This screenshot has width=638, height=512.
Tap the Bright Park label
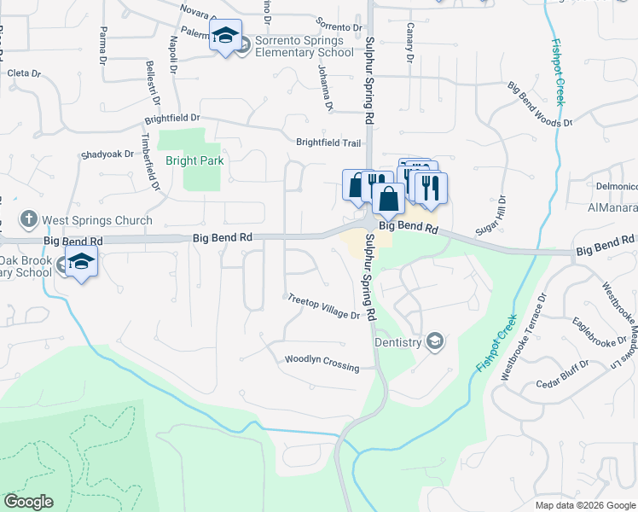(x=194, y=160)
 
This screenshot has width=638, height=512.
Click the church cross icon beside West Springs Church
(x=28, y=219)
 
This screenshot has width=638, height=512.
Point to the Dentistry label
(x=398, y=342)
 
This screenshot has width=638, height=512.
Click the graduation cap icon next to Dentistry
(x=435, y=342)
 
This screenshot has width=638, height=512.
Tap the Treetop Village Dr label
(x=323, y=307)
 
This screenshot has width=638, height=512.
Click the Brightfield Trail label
(x=329, y=143)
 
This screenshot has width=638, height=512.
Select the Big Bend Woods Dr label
(x=540, y=105)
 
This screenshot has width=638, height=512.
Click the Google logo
(x=28, y=502)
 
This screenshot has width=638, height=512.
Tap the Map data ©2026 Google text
(x=585, y=504)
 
